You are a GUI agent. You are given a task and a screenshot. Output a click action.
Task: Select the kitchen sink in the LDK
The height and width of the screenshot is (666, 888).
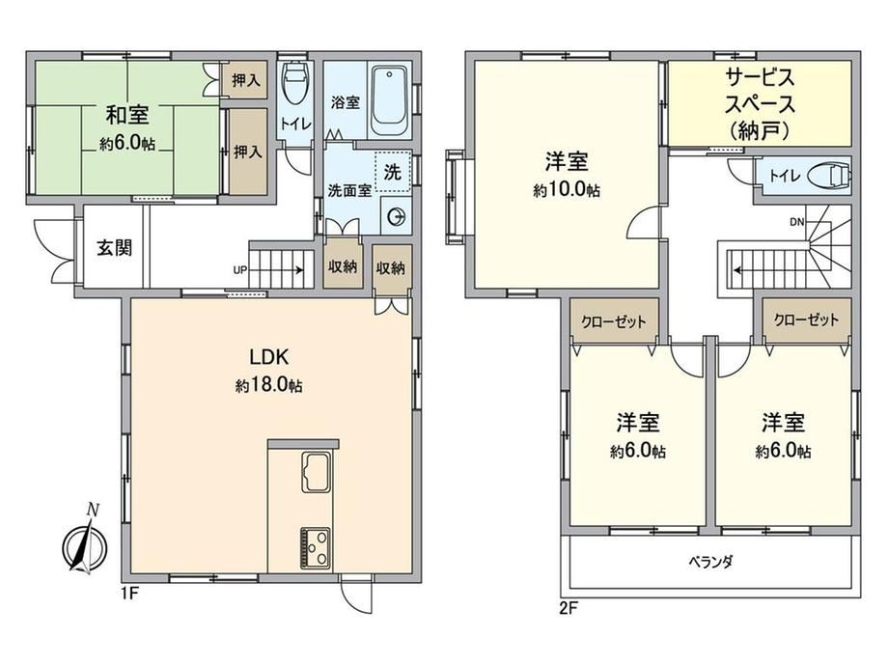click(x=316, y=472)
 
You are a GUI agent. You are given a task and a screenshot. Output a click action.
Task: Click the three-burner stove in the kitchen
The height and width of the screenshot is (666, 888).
click(x=316, y=547)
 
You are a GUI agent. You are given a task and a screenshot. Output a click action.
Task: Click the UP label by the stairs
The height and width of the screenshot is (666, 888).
click(x=240, y=270)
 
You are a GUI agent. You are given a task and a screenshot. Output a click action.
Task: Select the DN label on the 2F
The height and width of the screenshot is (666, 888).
click(x=797, y=222)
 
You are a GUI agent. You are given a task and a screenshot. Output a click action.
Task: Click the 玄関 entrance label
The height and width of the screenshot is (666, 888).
click(x=114, y=247)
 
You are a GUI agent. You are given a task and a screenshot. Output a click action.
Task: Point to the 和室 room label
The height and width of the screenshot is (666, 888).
click(x=127, y=115)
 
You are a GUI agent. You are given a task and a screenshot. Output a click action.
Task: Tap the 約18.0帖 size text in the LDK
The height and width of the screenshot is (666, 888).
click(x=269, y=386)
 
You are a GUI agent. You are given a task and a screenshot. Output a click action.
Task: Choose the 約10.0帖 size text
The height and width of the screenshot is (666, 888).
click(x=567, y=190)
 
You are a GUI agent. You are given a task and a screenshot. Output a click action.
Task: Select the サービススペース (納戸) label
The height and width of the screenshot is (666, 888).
click(x=760, y=104)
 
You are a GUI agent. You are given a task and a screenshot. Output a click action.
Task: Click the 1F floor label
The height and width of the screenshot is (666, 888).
click(x=129, y=595)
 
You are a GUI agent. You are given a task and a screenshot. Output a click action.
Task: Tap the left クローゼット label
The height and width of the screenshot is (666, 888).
click(x=614, y=321)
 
